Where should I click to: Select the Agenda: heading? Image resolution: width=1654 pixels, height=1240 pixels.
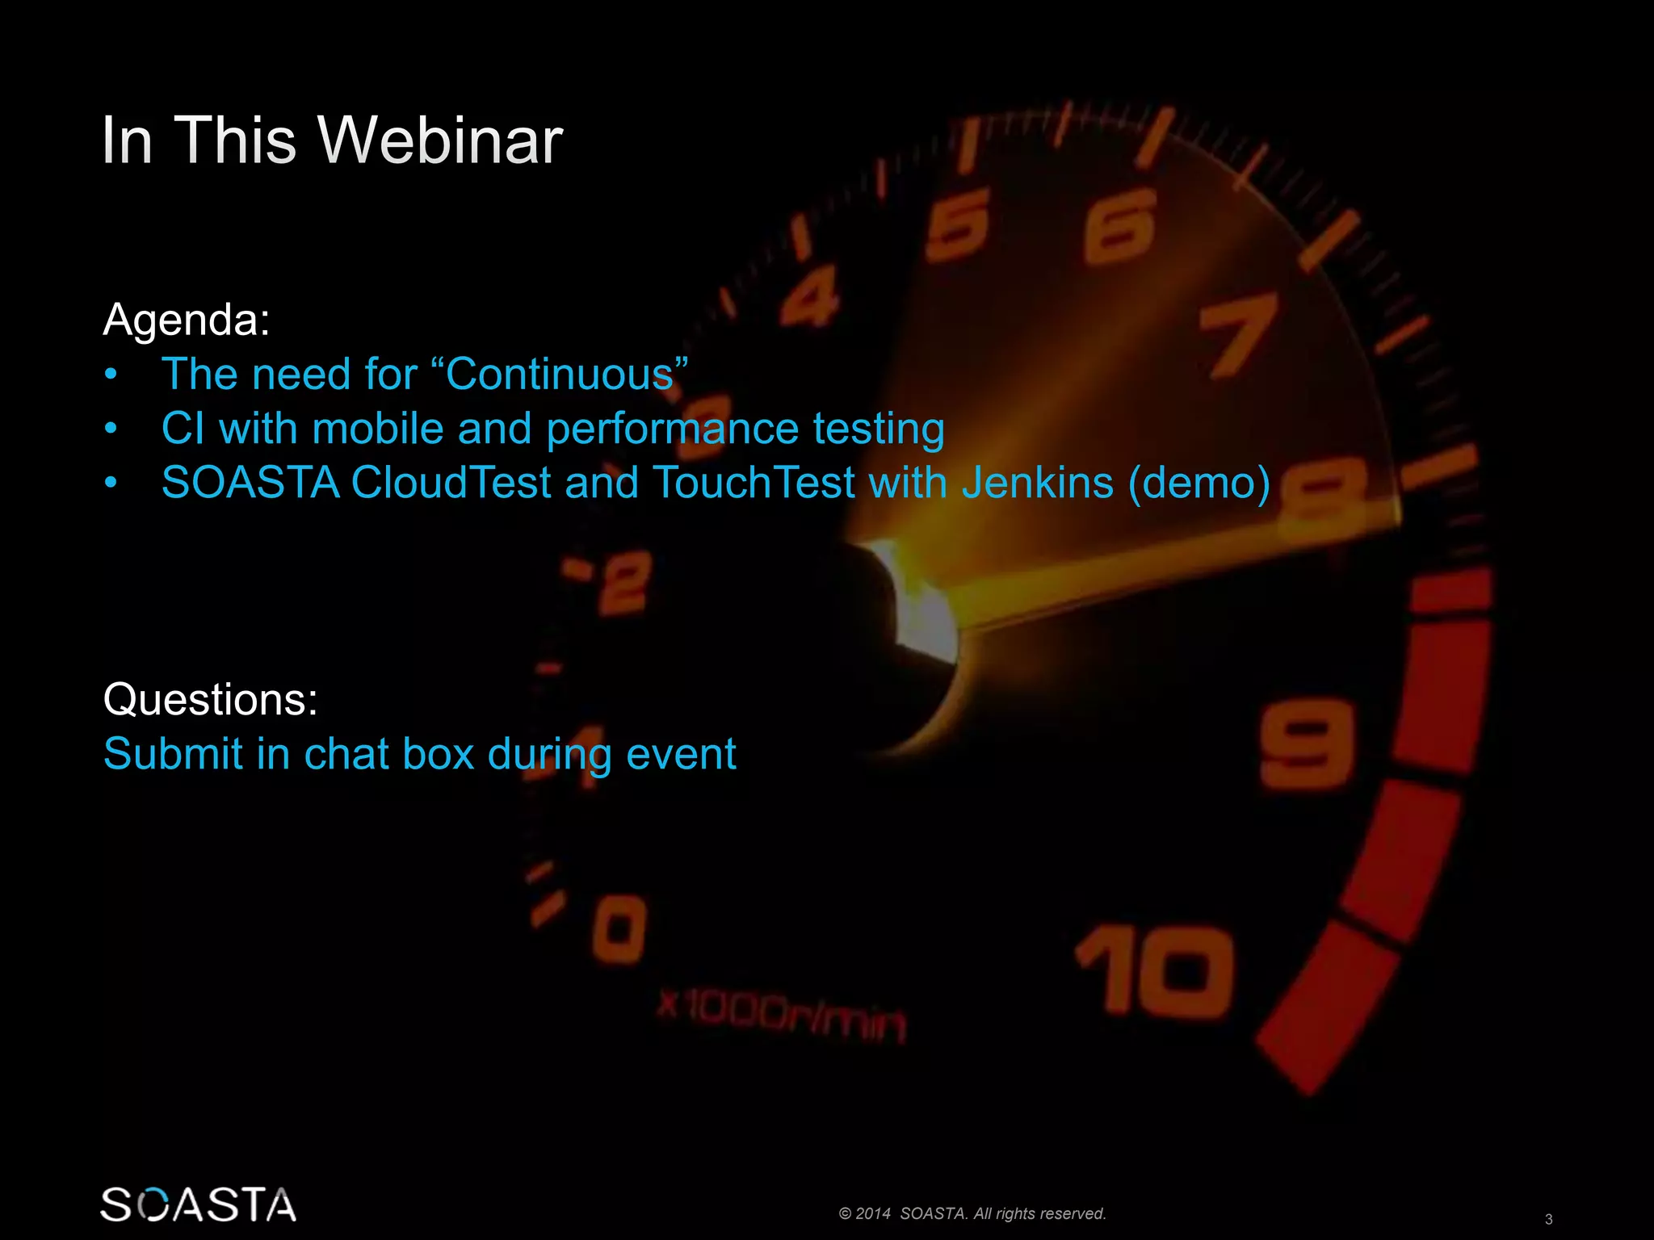[187, 320]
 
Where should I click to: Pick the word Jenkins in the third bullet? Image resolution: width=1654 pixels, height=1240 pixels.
[1038, 483]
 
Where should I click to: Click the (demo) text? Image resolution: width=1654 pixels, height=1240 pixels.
[1199, 483]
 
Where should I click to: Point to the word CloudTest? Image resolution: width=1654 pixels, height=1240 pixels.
[451, 483]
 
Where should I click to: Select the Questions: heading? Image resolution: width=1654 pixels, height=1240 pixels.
[210, 699]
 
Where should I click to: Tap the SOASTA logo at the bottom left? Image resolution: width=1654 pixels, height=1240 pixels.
[198, 1204]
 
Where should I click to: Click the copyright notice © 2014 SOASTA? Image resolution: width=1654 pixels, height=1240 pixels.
[972, 1213]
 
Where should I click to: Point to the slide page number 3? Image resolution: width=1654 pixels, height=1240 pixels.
[1548, 1219]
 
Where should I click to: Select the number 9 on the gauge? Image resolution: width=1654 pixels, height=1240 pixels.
[1306, 744]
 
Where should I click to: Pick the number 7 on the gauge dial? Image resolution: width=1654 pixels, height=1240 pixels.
[1237, 333]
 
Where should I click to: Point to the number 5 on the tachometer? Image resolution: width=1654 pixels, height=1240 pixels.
[959, 224]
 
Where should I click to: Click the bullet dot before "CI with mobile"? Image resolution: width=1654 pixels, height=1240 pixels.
[111, 429]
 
